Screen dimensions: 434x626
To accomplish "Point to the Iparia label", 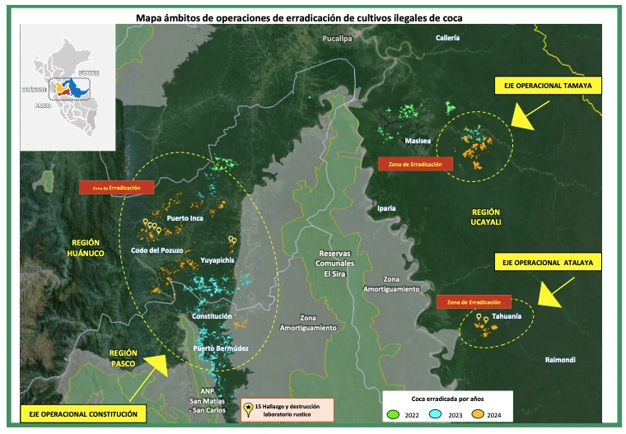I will [388, 208].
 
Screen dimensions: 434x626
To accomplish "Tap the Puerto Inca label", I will [185, 218].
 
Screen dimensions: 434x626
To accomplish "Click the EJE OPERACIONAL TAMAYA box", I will [548, 85].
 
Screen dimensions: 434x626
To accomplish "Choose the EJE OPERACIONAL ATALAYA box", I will [548, 262].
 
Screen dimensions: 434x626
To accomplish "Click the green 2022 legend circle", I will [395, 414].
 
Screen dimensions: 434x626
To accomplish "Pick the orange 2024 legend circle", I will [488, 414].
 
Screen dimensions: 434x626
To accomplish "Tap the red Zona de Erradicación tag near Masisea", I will [416, 164].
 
